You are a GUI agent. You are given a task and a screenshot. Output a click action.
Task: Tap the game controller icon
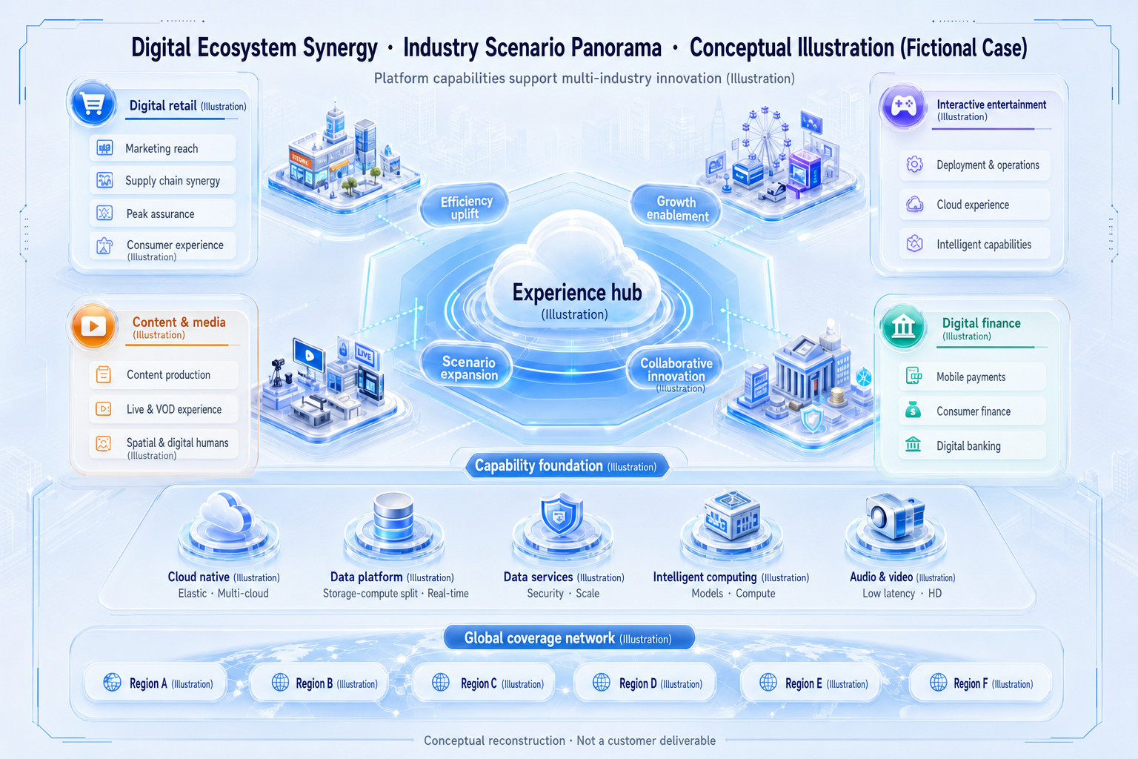point(903,106)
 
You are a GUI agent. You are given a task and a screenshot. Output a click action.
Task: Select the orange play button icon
point(93,326)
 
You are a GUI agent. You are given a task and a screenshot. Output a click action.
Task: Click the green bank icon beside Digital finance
point(903,327)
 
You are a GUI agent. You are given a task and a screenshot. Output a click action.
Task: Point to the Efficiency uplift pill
point(465,207)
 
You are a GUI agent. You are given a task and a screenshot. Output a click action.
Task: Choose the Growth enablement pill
point(676,208)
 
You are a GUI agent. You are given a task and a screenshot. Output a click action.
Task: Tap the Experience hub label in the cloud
point(576,293)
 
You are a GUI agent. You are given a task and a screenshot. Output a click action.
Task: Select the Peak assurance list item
point(162,213)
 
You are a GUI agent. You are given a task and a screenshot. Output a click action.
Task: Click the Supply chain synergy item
point(162,180)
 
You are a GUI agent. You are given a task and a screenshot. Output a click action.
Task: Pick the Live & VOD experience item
point(163,409)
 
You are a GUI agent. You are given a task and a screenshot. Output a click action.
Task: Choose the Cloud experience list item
point(974,205)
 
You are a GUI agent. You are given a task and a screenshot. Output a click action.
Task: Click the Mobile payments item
point(972,377)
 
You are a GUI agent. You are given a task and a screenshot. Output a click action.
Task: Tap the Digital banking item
point(972,446)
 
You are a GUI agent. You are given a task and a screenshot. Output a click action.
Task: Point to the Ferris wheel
point(765,136)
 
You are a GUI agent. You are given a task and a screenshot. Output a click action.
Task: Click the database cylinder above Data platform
point(393,516)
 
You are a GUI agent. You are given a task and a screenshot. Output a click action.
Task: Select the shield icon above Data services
point(561,514)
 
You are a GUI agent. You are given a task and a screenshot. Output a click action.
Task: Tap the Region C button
point(484,683)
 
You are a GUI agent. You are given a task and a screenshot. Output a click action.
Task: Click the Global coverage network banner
point(568,638)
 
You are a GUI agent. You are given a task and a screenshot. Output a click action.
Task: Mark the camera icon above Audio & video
point(895,515)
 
